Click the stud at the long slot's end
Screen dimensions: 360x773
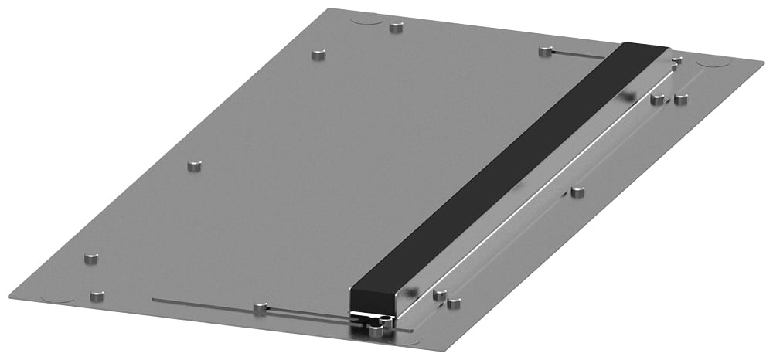[x=260, y=309]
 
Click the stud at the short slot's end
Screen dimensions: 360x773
[x=546, y=52]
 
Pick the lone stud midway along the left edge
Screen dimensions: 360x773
[x=194, y=166]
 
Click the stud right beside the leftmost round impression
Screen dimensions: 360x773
[x=97, y=297]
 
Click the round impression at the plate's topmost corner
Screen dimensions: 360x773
[x=364, y=20]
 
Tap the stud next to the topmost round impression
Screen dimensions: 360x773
[x=397, y=28]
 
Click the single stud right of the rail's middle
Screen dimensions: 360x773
[x=577, y=192]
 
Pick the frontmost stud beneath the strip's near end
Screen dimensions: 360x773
[x=376, y=331]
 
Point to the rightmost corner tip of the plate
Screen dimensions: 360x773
[x=766, y=62]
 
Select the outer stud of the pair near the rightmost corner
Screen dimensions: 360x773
[x=681, y=99]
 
